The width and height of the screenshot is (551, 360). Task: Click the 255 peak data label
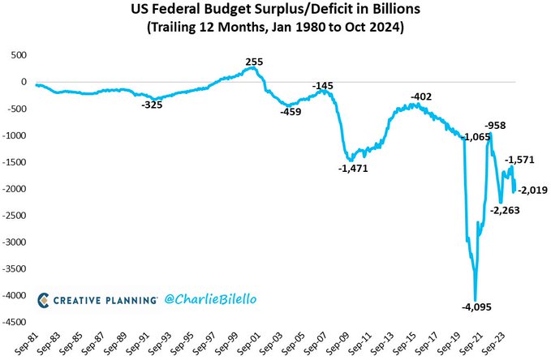[254, 61]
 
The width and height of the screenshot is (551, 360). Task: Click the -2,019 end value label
[532, 191]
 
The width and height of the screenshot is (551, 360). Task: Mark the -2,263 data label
[505, 209]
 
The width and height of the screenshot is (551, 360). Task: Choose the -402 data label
[421, 96]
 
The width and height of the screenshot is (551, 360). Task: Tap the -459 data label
[291, 112]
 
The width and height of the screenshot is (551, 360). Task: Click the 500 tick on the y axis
[17, 54]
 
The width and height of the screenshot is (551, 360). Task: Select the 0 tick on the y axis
[24, 81]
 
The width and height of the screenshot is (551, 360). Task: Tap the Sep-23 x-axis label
[497, 344]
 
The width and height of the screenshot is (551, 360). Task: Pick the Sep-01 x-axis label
[254, 344]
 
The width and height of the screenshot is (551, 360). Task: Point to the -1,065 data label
[476, 138]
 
